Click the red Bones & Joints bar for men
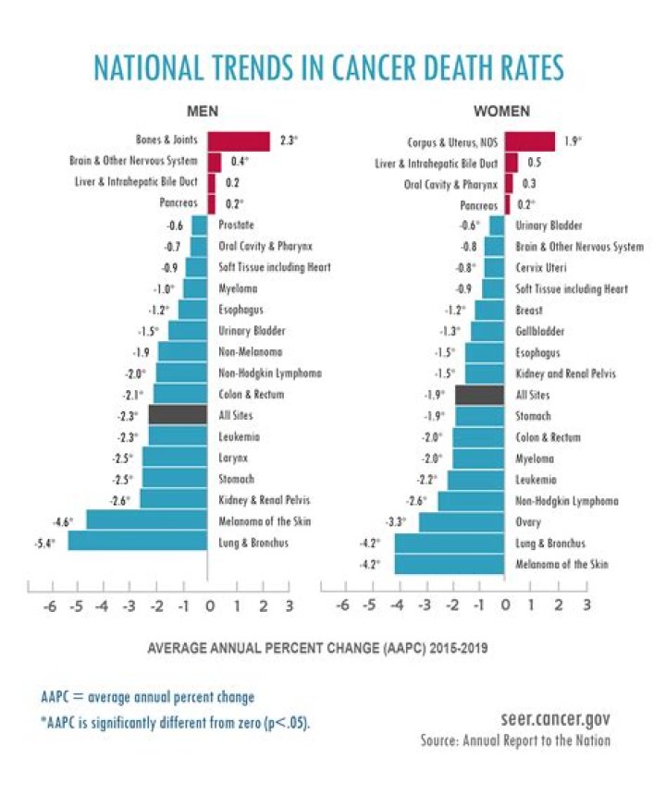tap(239, 141)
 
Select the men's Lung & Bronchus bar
tap(137, 543)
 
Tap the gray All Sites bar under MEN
tap(178, 415)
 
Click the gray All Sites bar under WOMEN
tap(480, 395)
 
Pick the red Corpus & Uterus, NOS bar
tap(530, 141)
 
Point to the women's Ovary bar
tap(462, 522)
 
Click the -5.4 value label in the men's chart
tap(44, 543)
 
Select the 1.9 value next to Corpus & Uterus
tap(570, 141)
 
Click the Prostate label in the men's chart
tap(237, 225)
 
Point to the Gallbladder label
tap(541, 331)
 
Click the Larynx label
tap(234, 458)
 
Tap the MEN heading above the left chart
tap(203, 112)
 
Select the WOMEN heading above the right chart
tap(501, 112)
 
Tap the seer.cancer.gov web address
tap(552, 718)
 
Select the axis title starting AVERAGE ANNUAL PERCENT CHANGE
tap(318, 648)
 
